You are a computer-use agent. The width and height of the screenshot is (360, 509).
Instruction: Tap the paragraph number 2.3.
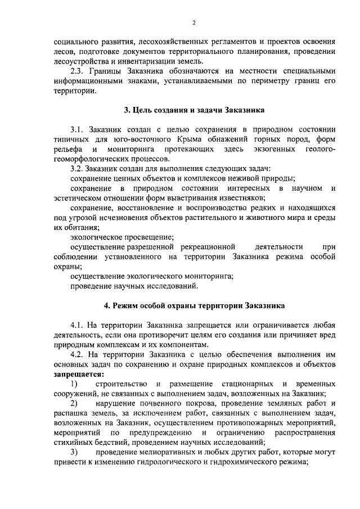click(78, 71)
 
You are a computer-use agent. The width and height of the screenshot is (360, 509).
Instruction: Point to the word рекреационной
click(208, 246)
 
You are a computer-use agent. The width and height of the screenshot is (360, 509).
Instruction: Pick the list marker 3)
click(74, 452)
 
